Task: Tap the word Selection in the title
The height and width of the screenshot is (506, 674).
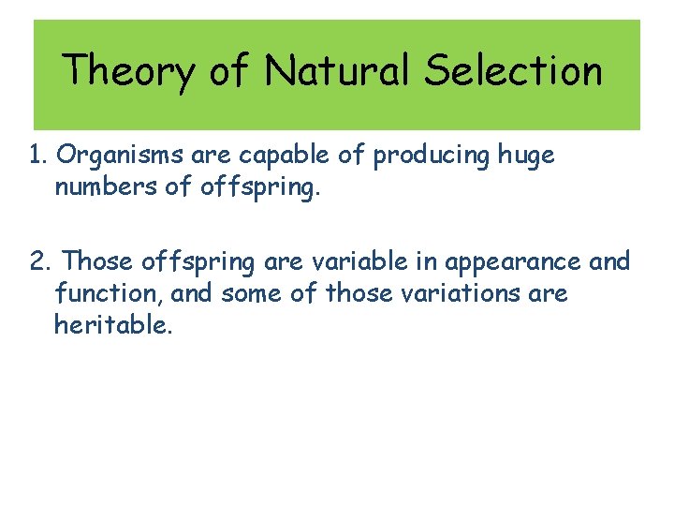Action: click(x=513, y=70)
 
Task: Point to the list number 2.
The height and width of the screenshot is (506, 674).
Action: click(x=39, y=260)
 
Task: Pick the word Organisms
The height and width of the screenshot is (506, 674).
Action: click(x=114, y=156)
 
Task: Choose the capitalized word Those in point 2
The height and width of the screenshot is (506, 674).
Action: click(x=98, y=260)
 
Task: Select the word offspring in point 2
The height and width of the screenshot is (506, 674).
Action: click(x=198, y=260)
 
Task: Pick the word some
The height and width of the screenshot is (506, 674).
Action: click(x=253, y=293)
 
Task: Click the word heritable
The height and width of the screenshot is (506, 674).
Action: click(x=112, y=325)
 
